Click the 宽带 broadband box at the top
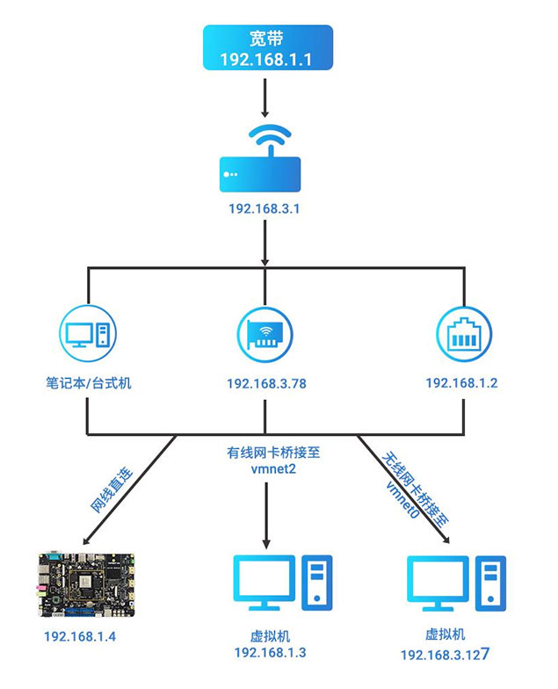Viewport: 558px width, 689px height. (x=268, y=48)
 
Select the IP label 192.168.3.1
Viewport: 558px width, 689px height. (x=264, y=209)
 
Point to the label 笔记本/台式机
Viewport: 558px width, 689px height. (x=89, y=383)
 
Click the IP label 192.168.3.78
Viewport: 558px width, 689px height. (x=264, y=384)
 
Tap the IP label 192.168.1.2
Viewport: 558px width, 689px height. (x=461, y=383)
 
